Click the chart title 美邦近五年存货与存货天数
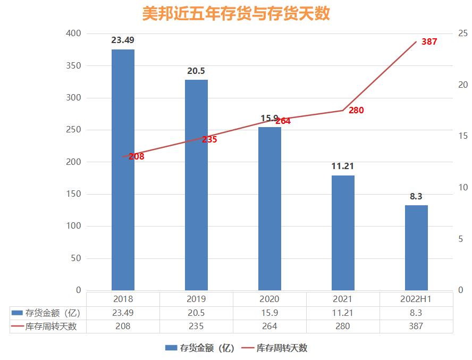(235, 13)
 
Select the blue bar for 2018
(123, 170)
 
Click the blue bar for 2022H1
(416, 248)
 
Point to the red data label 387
(429, 41)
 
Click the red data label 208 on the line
(136, 156)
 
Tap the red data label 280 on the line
(356, 110)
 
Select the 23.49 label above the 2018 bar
(123, 40)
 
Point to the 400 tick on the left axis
(74, 34)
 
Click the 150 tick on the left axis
(74, 194)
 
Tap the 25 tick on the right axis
(462, 34)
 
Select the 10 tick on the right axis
(462, 188)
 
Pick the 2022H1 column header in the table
(416, 299)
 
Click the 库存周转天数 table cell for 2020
(269, 326)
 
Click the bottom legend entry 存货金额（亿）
(199, 348)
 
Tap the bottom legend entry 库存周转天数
(275, 348)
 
